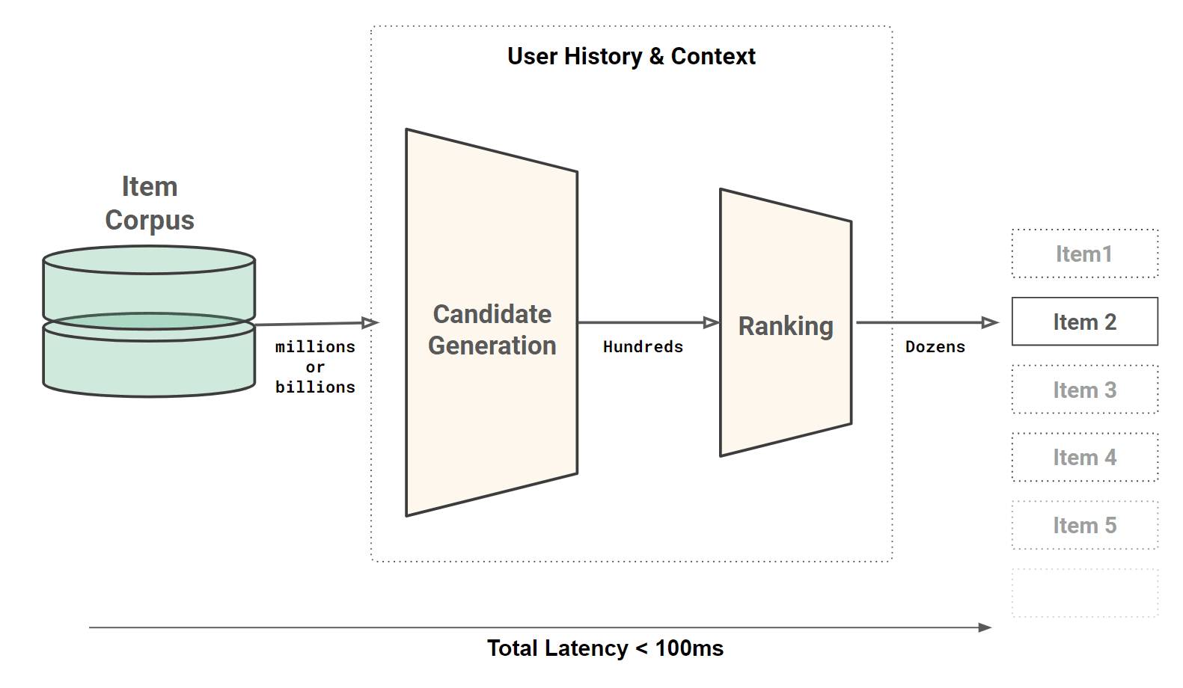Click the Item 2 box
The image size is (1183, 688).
tap(1084, 322)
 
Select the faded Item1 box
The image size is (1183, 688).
tap(1084, 254)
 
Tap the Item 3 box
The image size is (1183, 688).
tap(1084, 390)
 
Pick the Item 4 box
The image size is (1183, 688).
tap(1084, 457)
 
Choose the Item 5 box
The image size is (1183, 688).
tap(1084, 525)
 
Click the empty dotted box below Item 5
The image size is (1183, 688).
tap(1084, 593)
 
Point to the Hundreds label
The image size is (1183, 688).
tap(643, 347)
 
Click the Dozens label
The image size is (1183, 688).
tap(935, 347)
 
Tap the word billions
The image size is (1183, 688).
tap(315, 387)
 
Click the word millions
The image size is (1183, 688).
tap(315, 347)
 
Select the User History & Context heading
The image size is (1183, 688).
tap(631, 56)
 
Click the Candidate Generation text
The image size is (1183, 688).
tap(492, 330)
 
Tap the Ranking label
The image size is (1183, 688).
tap(785, 326)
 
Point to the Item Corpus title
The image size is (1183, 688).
tap(150, 203)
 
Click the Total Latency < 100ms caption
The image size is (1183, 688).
tap(605, 648)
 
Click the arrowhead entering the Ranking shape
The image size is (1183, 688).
tap(711, 322)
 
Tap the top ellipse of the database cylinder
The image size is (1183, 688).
tap(149, 260)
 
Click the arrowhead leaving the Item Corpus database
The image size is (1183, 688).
tap(370, 322)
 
